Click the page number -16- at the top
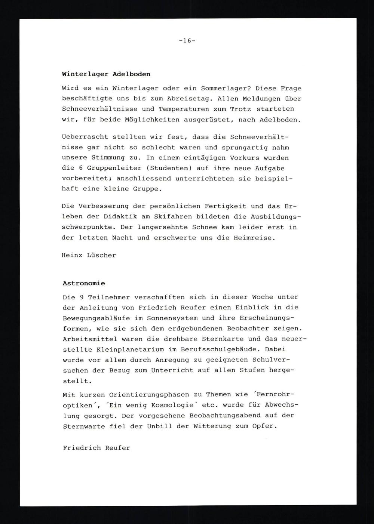(187, 41)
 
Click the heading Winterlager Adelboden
(106, 74)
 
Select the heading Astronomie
(84, 283)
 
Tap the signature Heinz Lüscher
(89, 255)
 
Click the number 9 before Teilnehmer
(81, 297)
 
